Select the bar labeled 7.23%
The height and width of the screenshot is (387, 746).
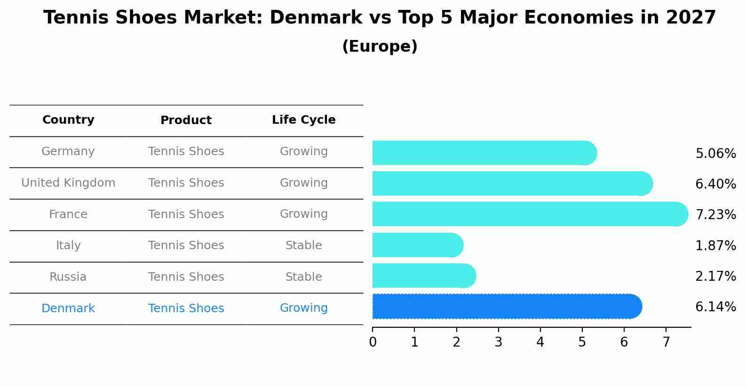[530, 214]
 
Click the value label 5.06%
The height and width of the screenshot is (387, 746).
[715, 154]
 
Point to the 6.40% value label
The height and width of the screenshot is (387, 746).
[715, 184]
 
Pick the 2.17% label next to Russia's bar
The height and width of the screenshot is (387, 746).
[715, 276]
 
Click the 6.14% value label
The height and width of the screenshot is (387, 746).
[715, 307]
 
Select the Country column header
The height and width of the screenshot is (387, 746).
[68, 120]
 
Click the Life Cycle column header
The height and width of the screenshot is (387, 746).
[303, 120]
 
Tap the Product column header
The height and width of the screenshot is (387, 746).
[186, 120]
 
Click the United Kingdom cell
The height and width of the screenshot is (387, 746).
[68, 183]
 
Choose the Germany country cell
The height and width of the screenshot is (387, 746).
[68, 151]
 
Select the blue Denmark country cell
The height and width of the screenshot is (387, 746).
[68, 308]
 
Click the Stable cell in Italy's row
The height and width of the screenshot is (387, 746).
[303, 245]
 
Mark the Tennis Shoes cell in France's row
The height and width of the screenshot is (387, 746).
[186, 214]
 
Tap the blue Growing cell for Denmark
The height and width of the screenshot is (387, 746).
[303, 308]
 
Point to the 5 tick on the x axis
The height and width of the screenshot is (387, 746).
[582, 342]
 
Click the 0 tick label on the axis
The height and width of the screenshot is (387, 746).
[373, 342]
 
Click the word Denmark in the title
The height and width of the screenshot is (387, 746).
[316, 18]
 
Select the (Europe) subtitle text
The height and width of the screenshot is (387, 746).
[380, 47]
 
